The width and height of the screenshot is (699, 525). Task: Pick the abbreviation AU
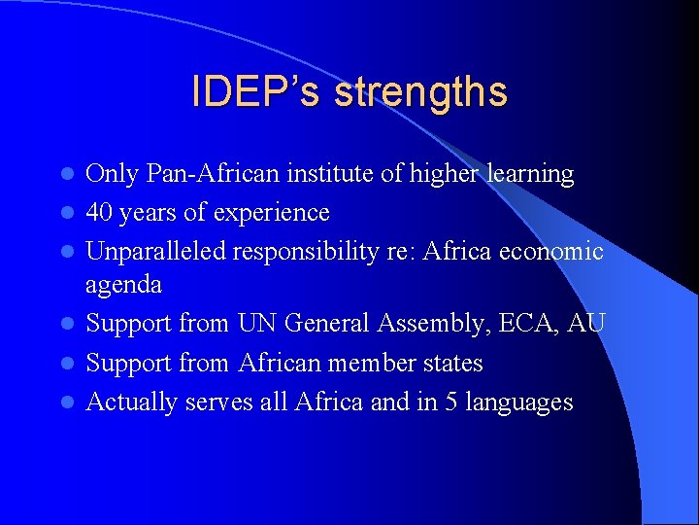[x=585, y=324]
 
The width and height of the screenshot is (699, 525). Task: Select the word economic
[x=551, y=251]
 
